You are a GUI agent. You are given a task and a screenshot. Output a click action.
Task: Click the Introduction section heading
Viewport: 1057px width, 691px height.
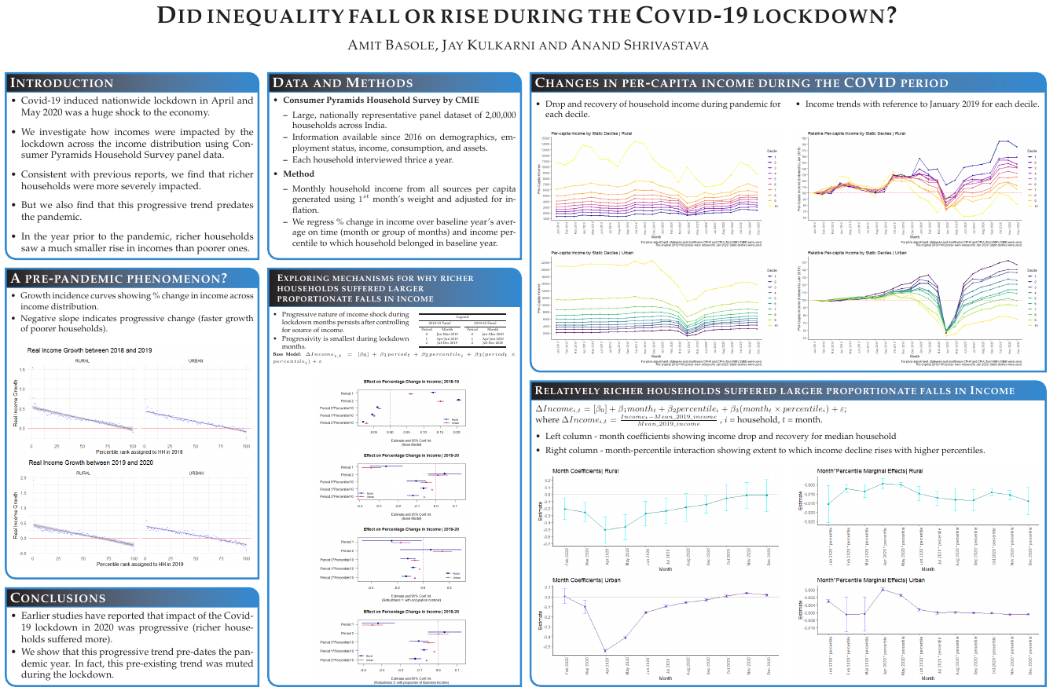(62, 83)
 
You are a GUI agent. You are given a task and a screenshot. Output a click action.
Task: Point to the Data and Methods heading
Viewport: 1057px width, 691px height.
(342, 83)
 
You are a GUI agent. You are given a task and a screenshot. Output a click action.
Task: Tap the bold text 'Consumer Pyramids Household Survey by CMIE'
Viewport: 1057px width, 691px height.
(380, 101)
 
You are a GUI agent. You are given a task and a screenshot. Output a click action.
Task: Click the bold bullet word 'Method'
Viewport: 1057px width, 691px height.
(299, 174)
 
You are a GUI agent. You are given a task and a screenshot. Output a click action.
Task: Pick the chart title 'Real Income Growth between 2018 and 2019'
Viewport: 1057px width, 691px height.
(90, 349)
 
